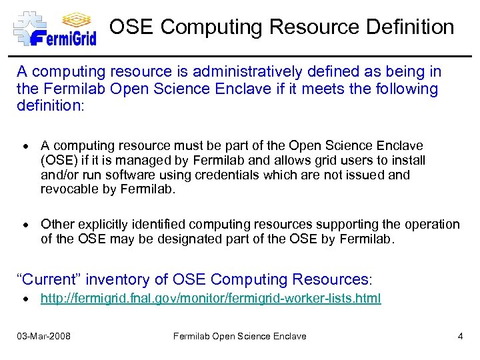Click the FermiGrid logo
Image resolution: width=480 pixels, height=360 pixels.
coord(55,28)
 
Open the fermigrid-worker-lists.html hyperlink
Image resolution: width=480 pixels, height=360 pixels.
coord(211,298)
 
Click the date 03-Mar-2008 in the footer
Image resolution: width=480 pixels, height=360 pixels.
coord(43,336)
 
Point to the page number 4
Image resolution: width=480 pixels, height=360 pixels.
coord(460,336)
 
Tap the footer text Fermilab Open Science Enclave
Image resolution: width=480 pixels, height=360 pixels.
coord(239,336)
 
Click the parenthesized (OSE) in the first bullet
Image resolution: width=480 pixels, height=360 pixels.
coord(57,160)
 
